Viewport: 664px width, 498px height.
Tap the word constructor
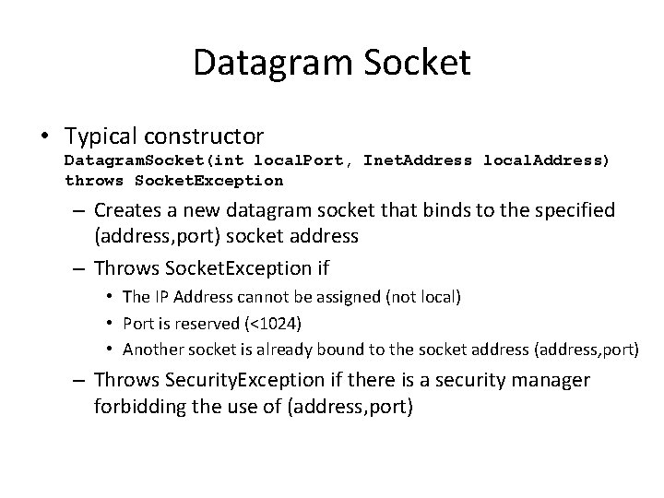pyautogui.click(x=206, y=136)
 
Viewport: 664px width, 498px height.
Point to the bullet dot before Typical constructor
pyautogui.click(x=45, y=137)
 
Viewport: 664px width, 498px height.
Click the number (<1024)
pyautogui.click(x=278, y=324)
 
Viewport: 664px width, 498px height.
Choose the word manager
pyautogui.click(x=553, y=379)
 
